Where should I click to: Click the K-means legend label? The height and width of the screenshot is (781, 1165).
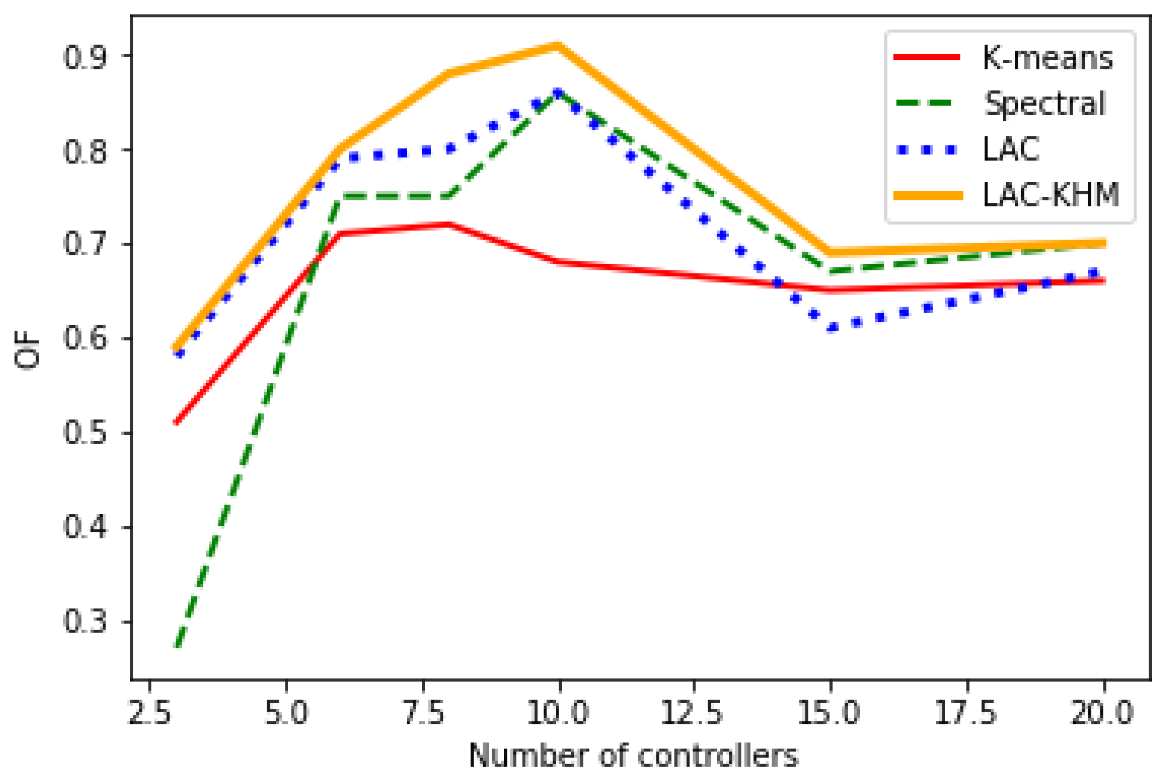tap(1047, 58)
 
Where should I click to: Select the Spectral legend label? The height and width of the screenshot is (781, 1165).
tap(1045, 104)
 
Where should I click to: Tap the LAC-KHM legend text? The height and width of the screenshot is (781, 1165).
tap(1051, 195)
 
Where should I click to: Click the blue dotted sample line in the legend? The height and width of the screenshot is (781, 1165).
tap(926, 149)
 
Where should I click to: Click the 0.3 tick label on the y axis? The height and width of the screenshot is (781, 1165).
tap(85, 622)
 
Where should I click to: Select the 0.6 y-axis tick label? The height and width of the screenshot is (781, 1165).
tap(85, 339)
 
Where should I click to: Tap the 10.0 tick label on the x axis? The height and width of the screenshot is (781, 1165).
tap(558, 713)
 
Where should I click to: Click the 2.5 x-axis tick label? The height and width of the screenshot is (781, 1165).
tap(149, 713)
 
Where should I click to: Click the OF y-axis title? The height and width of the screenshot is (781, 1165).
tap(27, 353)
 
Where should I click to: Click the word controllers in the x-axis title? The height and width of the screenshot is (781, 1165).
tap(717, 756)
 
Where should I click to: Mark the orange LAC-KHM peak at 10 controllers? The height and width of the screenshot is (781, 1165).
tap(558, 46)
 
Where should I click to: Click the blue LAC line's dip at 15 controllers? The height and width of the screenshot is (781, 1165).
tap(831, 328)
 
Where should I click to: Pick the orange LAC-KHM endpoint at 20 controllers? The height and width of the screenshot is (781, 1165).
tap(1104, 243)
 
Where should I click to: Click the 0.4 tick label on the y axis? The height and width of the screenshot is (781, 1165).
tap(85, 528)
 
